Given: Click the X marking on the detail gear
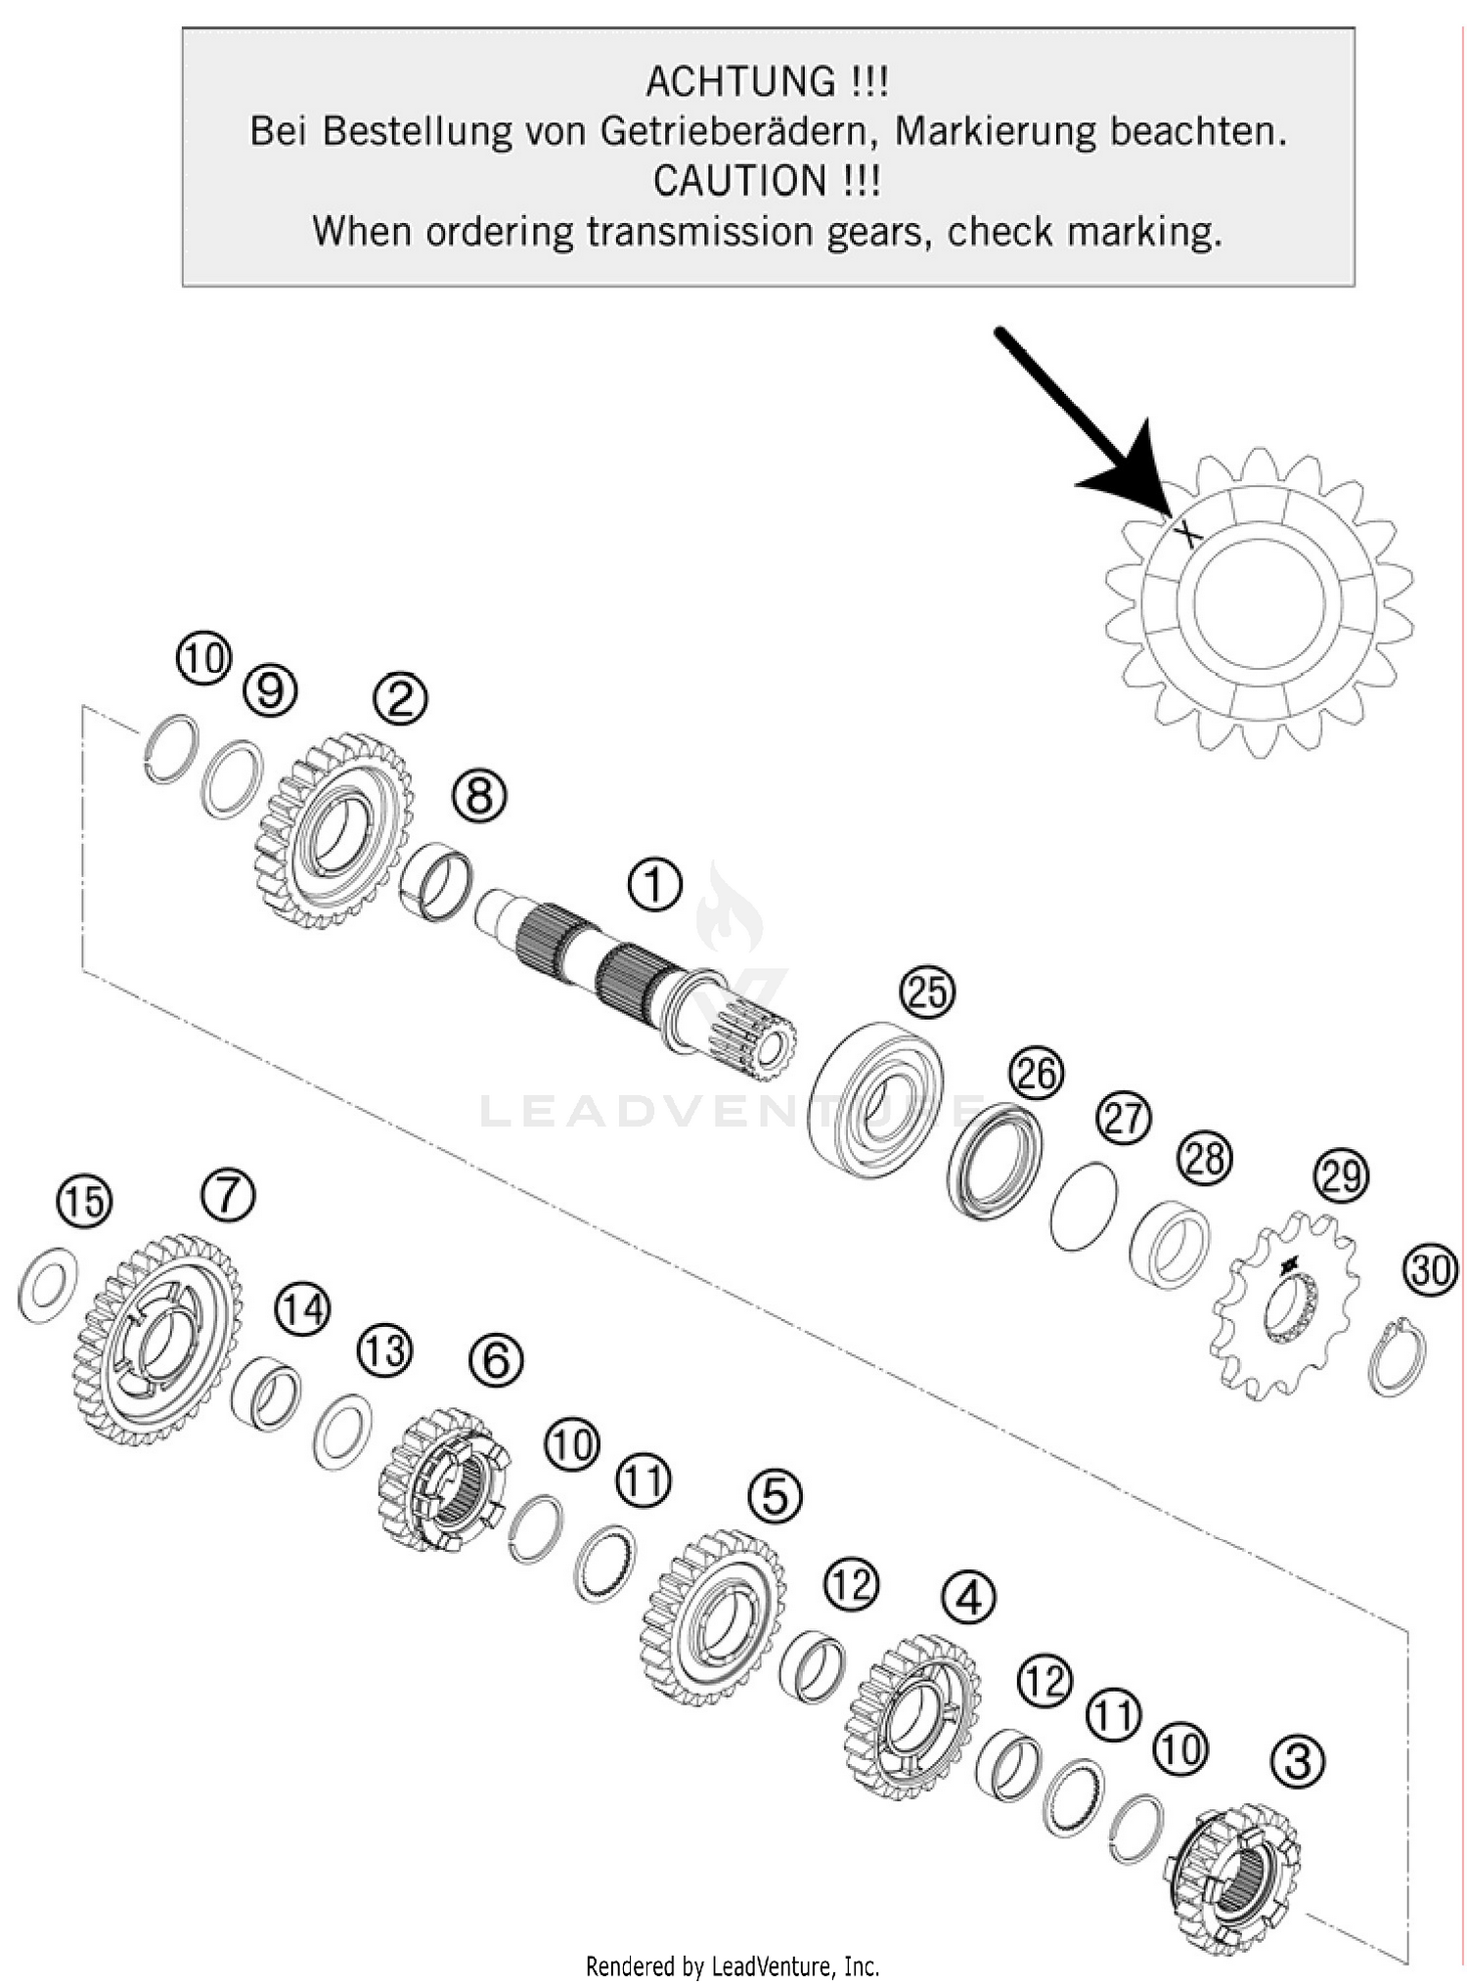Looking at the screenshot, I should (x=1186, y=533).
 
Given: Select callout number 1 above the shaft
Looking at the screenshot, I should (x=654, y=886).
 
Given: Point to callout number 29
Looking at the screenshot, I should (x=1341, y=1175).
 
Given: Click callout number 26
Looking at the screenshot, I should (x=1036, y=1074).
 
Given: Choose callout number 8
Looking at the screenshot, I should (x=479, y=796).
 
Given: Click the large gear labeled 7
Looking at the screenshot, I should (x=156, y=1340).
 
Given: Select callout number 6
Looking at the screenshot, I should (x=496, y=1359).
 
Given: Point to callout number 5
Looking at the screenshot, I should (x=775, y=1496).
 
